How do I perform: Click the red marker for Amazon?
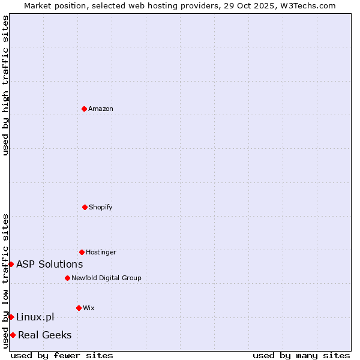tap(85, 109)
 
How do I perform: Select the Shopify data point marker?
tap(85, 207)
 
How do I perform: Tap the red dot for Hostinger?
tap(82, 252)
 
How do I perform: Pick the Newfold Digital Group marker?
tap(67, 278)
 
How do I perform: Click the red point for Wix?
tap(79, 308)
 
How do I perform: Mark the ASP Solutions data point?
tap(11, 264)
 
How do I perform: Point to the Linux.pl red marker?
tap(11, 317)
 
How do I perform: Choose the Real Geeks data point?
tap(13, 335)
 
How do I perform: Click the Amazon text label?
tap(101, 109)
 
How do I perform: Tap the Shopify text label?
tap(101, 207)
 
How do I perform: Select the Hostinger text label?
tap(101, 252)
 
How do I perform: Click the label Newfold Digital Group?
tap(106, 278)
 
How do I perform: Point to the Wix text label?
tap(89, 308)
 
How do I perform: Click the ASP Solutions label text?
tap(50, 264)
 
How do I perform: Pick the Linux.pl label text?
tap(35, 317)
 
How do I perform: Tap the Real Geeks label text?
tap(45, 335)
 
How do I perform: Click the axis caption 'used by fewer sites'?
tap(62, 355)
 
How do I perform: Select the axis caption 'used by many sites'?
tap(301, 355)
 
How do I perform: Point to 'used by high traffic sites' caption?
tap(5, 85)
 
